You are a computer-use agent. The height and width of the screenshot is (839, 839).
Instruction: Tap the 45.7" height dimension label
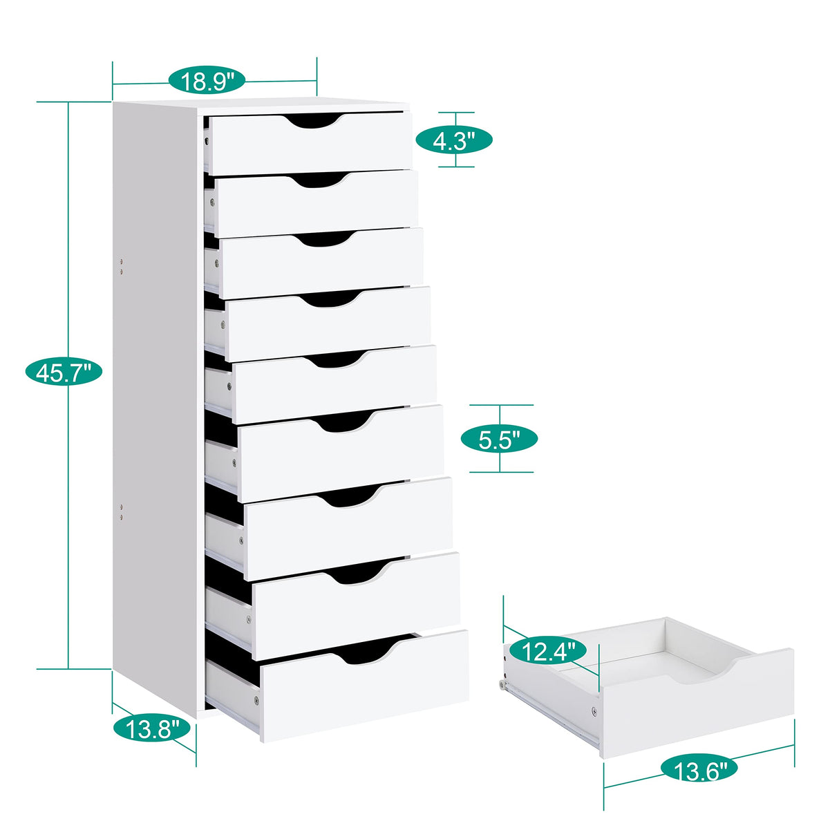(64, 373)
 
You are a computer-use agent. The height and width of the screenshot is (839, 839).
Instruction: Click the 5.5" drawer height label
(499, 439)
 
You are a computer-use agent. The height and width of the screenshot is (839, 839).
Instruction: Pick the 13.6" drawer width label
(699, 769)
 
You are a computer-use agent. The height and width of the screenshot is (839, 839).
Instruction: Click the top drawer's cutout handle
(314, 122)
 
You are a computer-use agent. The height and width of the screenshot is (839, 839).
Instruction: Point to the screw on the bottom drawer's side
(256, 700)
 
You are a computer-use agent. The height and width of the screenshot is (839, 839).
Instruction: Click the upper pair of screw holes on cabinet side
(122, 267)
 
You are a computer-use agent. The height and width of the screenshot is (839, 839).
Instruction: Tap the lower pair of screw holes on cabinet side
(122, 512)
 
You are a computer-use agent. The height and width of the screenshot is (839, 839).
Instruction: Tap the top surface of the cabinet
(263, 106)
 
